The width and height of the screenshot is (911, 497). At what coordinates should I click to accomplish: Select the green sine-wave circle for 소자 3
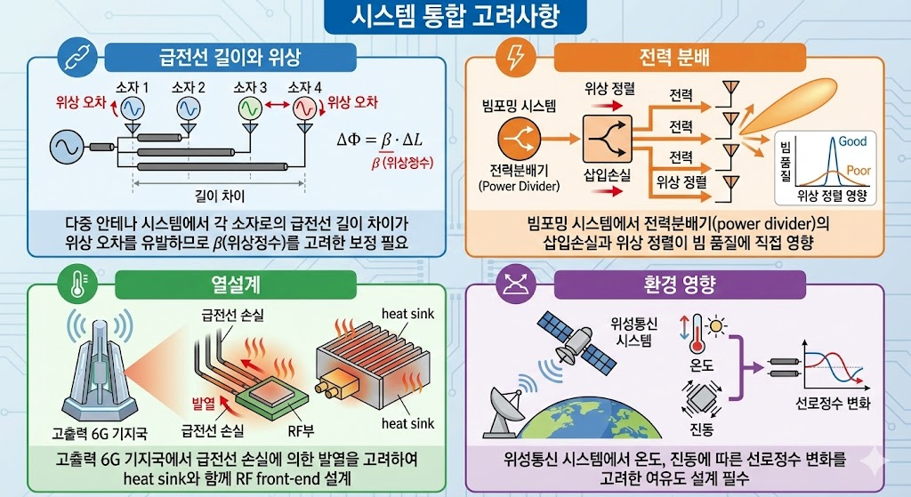(x=250, y=108)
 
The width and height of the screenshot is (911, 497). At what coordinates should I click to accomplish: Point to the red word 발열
(x=206, y=403)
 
